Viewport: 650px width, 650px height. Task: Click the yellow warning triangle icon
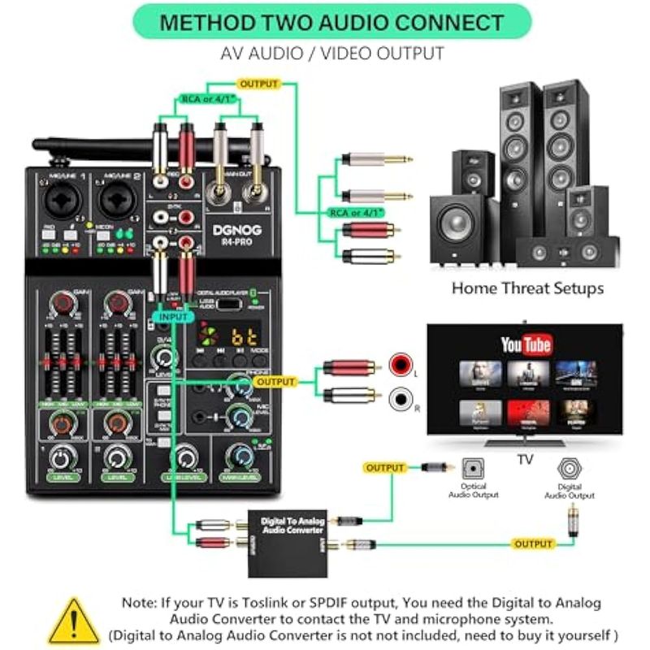coord(74,620)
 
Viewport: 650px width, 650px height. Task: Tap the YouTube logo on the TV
coord(526,345)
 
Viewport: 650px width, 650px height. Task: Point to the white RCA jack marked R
coord(401,399)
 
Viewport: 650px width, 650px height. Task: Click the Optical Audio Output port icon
coord(474,469)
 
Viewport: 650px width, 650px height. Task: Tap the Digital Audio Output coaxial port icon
coord(569,470)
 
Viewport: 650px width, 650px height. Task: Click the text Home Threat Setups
coord(527,288)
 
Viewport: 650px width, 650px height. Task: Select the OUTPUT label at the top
coord(258,84)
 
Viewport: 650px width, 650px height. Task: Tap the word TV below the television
coord(525,459)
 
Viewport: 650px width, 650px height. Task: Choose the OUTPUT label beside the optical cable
coord(385,468)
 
